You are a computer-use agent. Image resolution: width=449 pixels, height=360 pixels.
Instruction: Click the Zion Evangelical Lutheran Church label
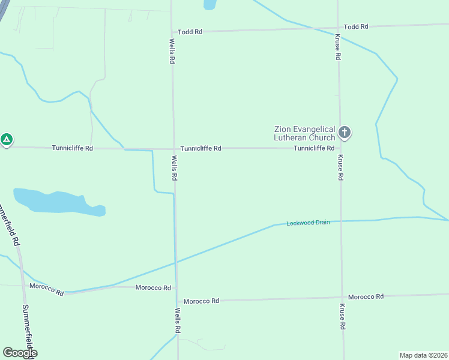point(304,133)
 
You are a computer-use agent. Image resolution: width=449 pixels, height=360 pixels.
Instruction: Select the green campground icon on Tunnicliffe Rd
point(6,140)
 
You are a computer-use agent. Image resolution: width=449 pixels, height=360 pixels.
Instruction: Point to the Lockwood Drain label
point(308,223)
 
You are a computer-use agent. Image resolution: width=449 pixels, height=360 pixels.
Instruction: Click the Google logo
point(20,353)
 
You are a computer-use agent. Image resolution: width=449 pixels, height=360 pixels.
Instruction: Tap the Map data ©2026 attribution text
point(423,355)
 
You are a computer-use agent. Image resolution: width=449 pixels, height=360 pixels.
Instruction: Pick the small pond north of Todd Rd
point(209,4)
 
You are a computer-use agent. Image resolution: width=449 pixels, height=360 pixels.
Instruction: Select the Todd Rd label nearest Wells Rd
point(190,32)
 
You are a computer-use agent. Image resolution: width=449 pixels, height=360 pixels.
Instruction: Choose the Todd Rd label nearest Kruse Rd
point(356,27)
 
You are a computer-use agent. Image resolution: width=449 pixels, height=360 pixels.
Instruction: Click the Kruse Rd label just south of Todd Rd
point(338,47)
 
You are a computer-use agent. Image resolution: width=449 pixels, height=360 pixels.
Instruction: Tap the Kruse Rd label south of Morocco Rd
point(342,317)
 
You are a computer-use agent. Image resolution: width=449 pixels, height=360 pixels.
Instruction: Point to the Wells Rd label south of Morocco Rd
point(178,320)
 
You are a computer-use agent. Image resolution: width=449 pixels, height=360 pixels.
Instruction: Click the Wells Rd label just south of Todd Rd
point(172,52)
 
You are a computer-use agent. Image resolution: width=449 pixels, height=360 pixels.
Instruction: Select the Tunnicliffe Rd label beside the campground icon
point(72,148)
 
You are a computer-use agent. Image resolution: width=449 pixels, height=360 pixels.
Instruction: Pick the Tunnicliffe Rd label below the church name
point(314,148)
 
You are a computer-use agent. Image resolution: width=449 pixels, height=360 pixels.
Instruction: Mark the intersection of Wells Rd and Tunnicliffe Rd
point(173,149)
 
